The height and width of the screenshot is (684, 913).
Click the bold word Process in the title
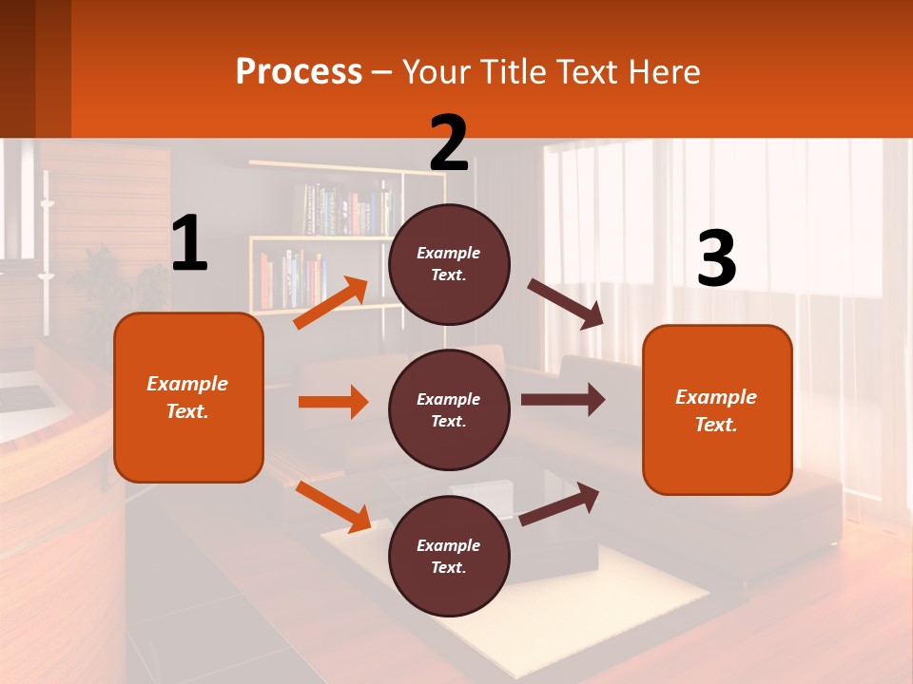pos(299,71)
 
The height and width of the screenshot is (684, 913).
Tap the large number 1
pos(189,244)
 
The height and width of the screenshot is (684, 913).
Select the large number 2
pos(449,143)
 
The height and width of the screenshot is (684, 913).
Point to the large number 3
pos(716,259)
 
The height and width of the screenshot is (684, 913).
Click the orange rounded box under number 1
pos(188,397)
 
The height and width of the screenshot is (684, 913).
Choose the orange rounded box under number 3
pos(717,409)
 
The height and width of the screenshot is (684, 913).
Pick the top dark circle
pos(449,264)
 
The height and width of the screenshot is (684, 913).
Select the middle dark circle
pos(449,409)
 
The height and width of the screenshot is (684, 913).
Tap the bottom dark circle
pos(449,556)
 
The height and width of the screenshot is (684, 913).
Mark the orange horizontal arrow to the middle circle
pos(333,402)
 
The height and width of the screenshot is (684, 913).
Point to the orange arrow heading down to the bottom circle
pos(333,506)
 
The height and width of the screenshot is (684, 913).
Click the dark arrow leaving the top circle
pos(566,303)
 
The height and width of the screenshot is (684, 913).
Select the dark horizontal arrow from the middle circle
pos(563,400)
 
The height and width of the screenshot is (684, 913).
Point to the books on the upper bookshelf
pos(348,208)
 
